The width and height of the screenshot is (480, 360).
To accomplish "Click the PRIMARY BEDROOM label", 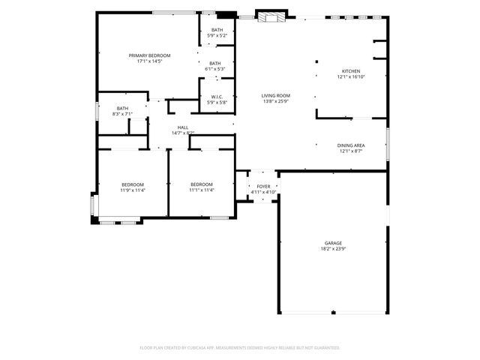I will click(x=149, y=55).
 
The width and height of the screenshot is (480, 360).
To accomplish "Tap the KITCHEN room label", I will click(x=352, y=71).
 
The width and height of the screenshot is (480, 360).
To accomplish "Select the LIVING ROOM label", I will click(x=276, y=95).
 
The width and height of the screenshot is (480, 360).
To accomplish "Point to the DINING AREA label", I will click(x=350, y=145).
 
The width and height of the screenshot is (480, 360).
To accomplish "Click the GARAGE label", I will click(x=333, y=243).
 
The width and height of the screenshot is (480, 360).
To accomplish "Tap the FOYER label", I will click(x=263, y=186).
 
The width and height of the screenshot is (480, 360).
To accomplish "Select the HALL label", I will click(x=183, y=127).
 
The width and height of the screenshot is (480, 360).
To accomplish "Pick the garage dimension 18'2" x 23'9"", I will click(x=333, y=248).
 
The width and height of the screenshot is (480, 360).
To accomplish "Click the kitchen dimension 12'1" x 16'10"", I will click(x=352, y=76).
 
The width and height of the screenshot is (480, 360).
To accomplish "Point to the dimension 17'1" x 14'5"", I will click(x=149, y=61).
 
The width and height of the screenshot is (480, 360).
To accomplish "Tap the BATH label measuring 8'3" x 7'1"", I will click(x=122, y=108).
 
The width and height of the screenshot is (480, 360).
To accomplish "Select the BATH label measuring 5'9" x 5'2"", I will click(x=217, y=30).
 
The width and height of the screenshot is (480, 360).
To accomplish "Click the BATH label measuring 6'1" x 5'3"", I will click(x=215, y=63).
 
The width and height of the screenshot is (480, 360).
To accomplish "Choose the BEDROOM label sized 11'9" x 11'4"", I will click(x=133, y=184).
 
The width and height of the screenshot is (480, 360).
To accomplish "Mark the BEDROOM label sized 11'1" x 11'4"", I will click(x=202, y=184).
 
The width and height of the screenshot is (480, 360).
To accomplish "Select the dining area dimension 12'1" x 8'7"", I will click(x=350, y=151).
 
